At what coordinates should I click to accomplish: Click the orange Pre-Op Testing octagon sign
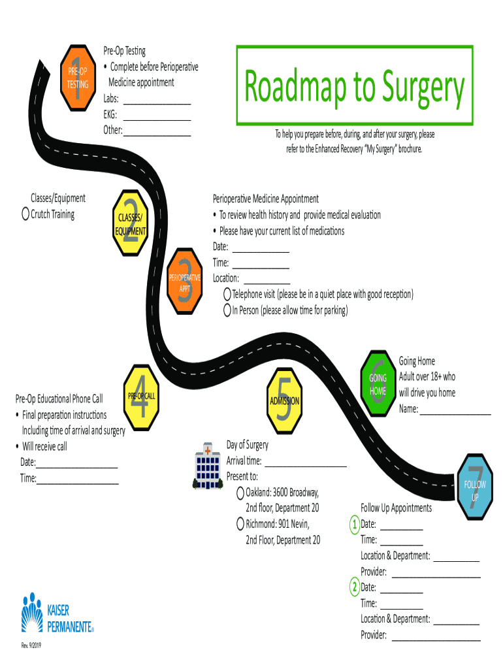tap(78, 77)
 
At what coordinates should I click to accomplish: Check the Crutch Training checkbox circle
tap(25, 214)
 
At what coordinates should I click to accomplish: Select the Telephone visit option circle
tap(227, 295)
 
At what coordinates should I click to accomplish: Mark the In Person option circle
tap(227, 310)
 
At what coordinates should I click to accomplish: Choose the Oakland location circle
tap(240, 492)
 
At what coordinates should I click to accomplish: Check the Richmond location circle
tap(240, 524)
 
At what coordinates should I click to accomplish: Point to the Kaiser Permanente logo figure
tap(31, 612)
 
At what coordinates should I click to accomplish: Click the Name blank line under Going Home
tap(455, 413)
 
